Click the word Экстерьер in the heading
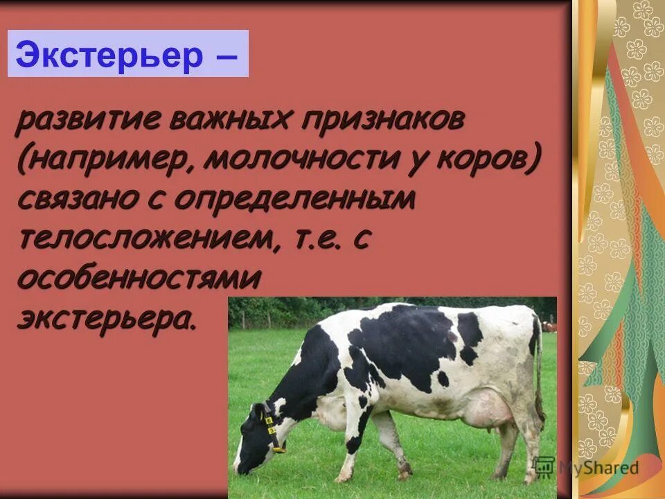coord(108,55)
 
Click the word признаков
coord(383,122)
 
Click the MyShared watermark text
coord(597,468)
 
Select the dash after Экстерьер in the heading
coord(225,55)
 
